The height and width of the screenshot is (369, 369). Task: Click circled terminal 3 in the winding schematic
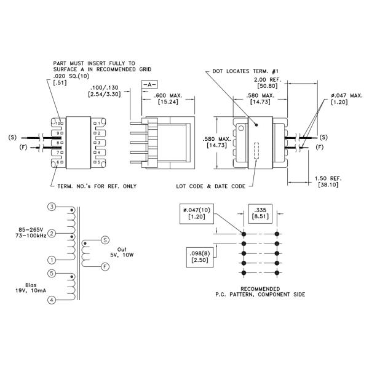(x=52, y=207)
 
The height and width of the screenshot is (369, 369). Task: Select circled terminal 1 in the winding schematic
(x=52, y=260)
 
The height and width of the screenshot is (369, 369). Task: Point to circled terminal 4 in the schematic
(x=52, y=300)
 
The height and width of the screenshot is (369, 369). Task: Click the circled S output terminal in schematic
(x=105, y=239)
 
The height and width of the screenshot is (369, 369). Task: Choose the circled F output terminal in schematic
(x=105, y=266)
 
